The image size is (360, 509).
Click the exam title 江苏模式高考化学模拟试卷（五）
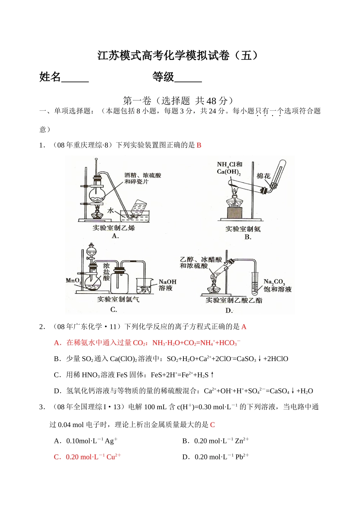tap(178, 56)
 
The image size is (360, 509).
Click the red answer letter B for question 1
tap(199, 145)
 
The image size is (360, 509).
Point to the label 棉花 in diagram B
tap(263, 176)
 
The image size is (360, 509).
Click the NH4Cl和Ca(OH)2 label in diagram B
tap(229, 168)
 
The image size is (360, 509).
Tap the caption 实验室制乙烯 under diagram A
tap(114, 228)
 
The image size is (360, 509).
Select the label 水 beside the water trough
tap(111, 211)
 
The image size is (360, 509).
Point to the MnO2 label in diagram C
tap(73, 281)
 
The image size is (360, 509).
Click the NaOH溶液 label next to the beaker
tap(167, 285)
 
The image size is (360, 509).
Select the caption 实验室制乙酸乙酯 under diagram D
tap(233, 300)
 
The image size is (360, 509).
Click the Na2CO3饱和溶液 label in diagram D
tap(277, 285)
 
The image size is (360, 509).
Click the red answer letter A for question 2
tap(244, 327)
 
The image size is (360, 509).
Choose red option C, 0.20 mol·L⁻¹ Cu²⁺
tap(88, 457)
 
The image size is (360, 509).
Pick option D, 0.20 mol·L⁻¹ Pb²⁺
tap(216, 457)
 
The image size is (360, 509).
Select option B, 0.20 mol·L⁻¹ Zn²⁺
tap(216, 441)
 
